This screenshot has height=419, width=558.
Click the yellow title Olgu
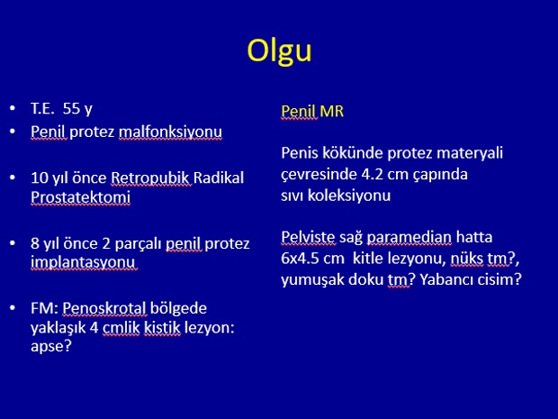[279, 51]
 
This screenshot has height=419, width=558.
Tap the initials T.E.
[42, 108]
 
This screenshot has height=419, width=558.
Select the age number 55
[71, 108]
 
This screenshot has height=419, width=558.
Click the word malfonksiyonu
[170, 132]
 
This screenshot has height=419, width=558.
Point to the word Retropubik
[151, 178]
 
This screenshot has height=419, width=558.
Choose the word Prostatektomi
[80, 197]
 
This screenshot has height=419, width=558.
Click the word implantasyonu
[84, 262]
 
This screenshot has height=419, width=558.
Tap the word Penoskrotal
[104, 308]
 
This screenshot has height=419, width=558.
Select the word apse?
[51, 346]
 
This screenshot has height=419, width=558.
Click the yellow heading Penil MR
[312, 111]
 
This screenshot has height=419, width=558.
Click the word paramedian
[409, 237]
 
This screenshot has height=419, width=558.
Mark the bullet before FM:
[13, 308]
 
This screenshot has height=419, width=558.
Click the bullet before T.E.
[13, 107]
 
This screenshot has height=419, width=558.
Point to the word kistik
[162, 328]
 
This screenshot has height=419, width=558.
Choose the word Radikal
[219, 178]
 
